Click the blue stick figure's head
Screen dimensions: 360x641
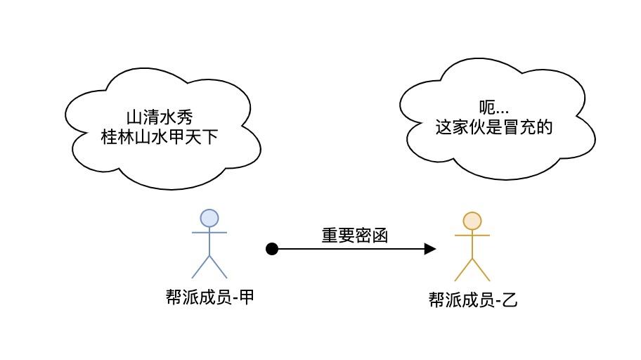209,218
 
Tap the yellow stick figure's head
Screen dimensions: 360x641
472,221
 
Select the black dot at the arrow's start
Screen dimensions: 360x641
273,248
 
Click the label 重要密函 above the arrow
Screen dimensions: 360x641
355,236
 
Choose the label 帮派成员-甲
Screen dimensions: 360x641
209,297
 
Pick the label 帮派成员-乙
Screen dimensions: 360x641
472,300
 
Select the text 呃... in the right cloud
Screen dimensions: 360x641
493,108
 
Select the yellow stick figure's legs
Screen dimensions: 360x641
472,269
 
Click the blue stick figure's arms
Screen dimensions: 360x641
209,232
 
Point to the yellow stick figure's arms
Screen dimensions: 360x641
472,236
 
